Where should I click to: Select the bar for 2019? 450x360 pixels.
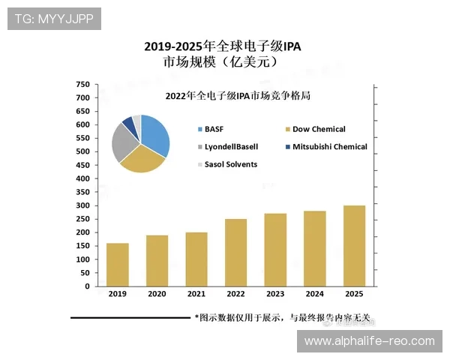click(x=117, y=265)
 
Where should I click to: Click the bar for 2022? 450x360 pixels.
click(x=235, y=253)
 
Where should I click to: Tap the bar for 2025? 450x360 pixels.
click(x=354, y=246)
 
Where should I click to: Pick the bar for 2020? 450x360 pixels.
click(x=157, y=261)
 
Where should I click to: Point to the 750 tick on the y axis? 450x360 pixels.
click(x=82, y=84)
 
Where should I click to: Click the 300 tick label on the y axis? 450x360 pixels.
click(x=82, y=205)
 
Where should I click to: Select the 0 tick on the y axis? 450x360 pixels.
click(x=86, y=286)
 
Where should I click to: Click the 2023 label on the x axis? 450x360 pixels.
click(x=274, y=294)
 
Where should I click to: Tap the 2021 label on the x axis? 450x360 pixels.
click(x=196, y=294)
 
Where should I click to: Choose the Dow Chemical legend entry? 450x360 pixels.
click(x=318, y=129)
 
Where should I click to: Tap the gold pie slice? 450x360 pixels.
click(x=142, y=160)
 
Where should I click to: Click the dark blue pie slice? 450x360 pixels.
click(x=129, y=123)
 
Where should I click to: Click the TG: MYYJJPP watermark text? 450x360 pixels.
click(x=54, y=19)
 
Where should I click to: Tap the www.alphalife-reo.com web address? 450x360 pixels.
click(x=370, y=341)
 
